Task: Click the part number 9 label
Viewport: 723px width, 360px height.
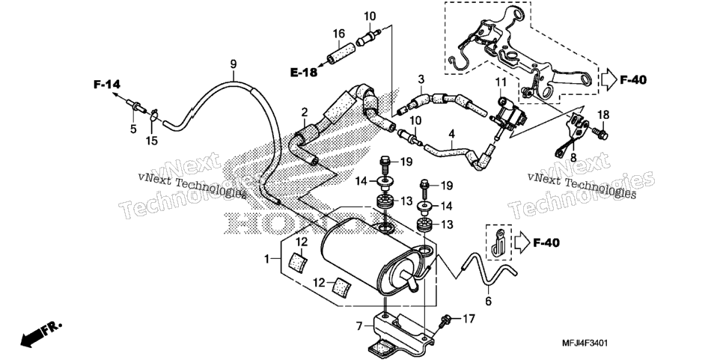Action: [x=234, y=64]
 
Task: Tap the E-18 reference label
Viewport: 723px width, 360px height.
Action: [x=304, y=72]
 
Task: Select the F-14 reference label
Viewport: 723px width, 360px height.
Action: [x=107, y=84]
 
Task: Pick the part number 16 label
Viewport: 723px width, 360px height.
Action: [x=339, y=34]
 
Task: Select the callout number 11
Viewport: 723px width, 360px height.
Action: [x=501, y=83]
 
